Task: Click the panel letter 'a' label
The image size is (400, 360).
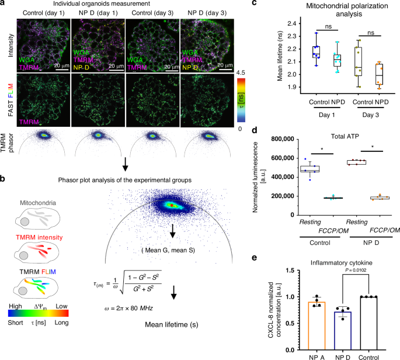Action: click(x=4, y=5)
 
